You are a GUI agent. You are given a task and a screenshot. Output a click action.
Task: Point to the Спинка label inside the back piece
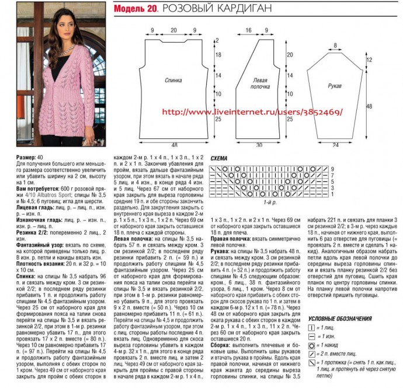pyautogui.click(x=173, y=80)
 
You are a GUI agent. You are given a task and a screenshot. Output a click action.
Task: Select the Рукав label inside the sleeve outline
pyautogui.click(x=335, y=86)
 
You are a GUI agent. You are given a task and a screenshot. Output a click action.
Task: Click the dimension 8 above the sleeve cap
pyautogui.click(x=335, y=44)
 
